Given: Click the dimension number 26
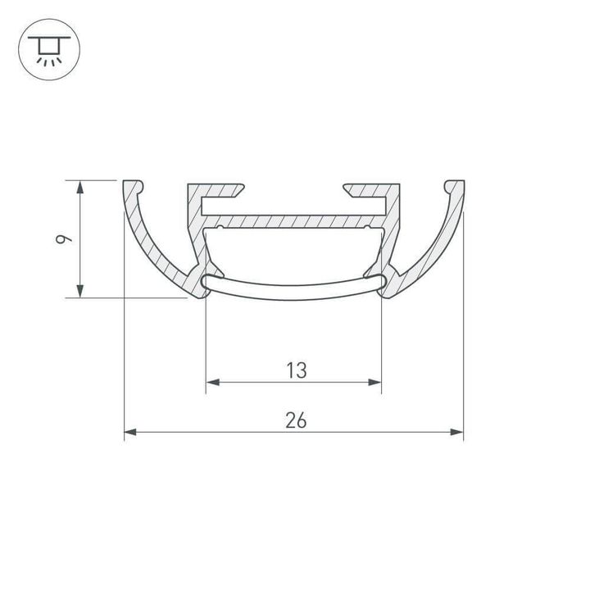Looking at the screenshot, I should coord(296,420).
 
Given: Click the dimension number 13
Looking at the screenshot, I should coord(296,370).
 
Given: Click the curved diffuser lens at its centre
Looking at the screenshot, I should coord(294,293).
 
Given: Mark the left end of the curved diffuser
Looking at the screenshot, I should coord(206,282).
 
